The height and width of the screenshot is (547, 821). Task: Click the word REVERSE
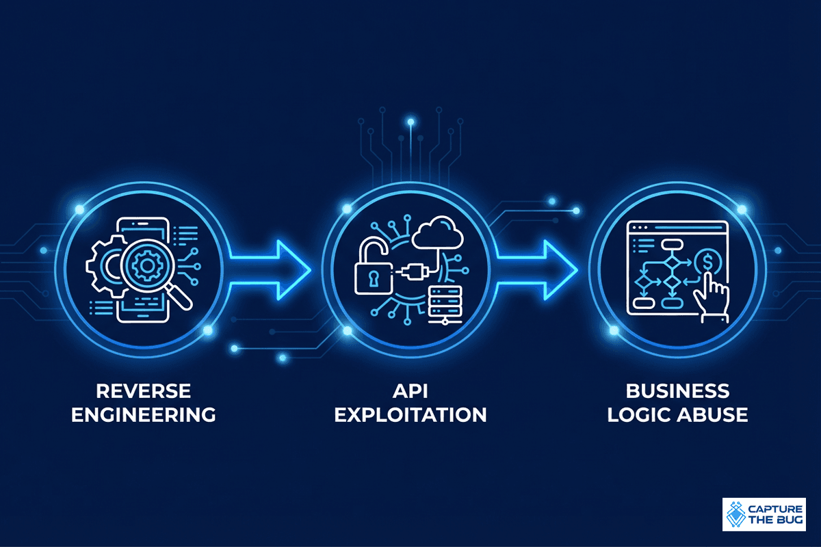click(x=143, y=391)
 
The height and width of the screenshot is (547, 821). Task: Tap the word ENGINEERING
click(x=143, y=415)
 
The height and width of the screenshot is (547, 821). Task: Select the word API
click(x=410, y=391)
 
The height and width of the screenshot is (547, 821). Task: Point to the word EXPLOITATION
click(x=410, y=415)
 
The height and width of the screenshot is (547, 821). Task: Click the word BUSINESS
click(x=677, y=391)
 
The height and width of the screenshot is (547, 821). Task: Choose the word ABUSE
click(x=712, y=415)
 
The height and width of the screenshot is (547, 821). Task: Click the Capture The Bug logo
click(x=764, y=514)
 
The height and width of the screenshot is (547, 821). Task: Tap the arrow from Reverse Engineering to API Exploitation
click(x=270, y=270)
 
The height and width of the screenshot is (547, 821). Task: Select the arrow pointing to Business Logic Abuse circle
click(x=537, y=270)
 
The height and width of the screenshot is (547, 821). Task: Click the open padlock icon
click(x=372, y=265)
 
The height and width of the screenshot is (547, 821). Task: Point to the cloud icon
click(x=437, y=233)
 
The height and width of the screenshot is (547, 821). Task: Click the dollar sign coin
click(x=707, y=262)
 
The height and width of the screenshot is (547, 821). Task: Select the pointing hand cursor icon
click(x=712, y=297)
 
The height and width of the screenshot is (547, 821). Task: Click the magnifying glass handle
click(x=179, y=297)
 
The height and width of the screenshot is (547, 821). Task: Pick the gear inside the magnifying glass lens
click(x=147, y=266)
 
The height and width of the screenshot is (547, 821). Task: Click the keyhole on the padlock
click(x=374, y=278)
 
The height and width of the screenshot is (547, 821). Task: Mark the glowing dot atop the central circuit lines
click(x=411, y=122)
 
